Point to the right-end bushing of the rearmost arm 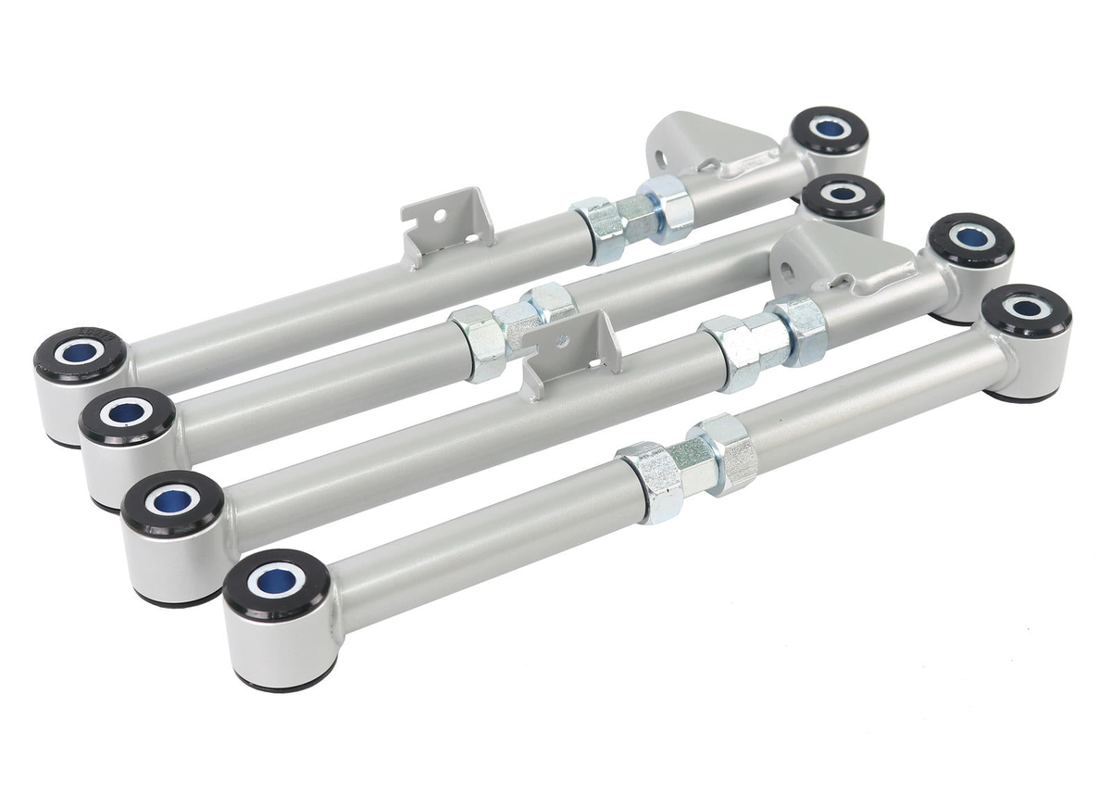click(x=830, y=130)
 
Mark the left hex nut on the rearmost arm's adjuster click(x=597, y=229)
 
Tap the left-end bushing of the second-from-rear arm click(x=126, y=414)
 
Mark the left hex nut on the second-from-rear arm click(x=479, y=341)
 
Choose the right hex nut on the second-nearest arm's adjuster click(x=798, y=329)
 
